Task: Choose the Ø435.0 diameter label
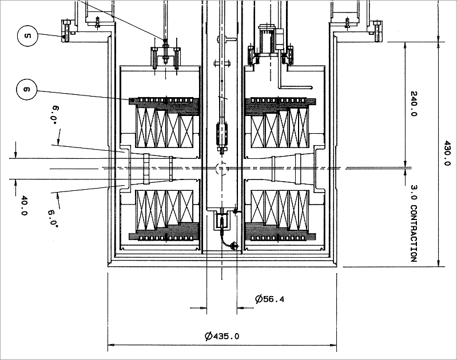click(222, 336)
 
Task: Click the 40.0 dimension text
click(24, 206)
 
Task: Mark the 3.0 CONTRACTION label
click(414, 223)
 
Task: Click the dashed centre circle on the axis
click(221, 169)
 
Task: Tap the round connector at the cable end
click(232, 245)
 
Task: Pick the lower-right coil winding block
click(279, 206)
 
